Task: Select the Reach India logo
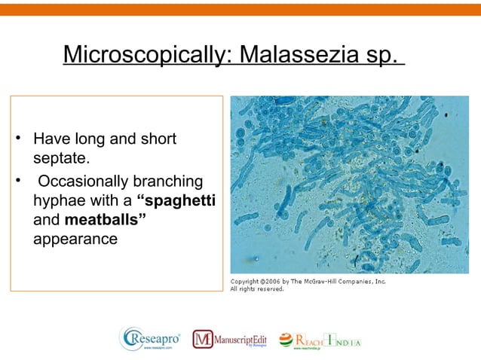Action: click(x=320, y=340)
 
